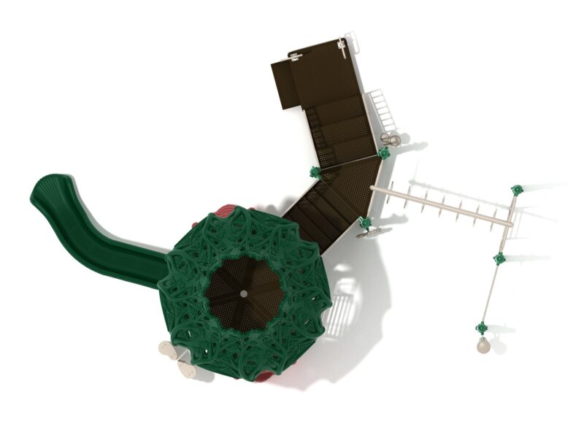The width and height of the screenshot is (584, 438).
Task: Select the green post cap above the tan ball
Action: (482, 328)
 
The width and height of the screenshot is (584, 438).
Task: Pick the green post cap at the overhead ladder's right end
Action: (517, 190)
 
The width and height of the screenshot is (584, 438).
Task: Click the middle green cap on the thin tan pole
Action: (499, 258)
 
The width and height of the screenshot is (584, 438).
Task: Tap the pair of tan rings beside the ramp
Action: (391, 139)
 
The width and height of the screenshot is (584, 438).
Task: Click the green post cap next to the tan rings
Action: (383, 153)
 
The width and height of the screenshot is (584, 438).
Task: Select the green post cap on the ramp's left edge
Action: (315, 172)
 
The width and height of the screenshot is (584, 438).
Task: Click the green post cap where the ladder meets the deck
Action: (366, 223)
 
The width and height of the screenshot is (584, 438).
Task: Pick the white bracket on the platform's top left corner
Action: (296, 56)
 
